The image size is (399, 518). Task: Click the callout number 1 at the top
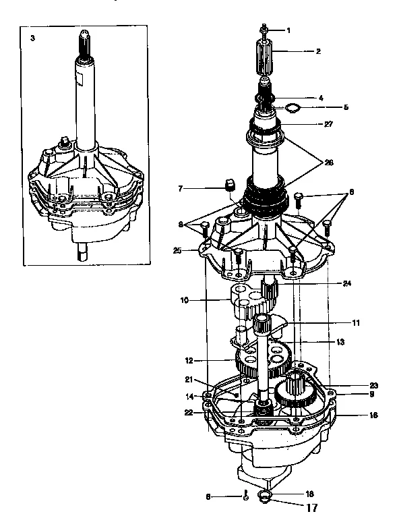point(288,30)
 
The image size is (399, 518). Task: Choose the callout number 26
point(329,162)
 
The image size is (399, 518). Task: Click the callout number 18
point(291,494)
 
